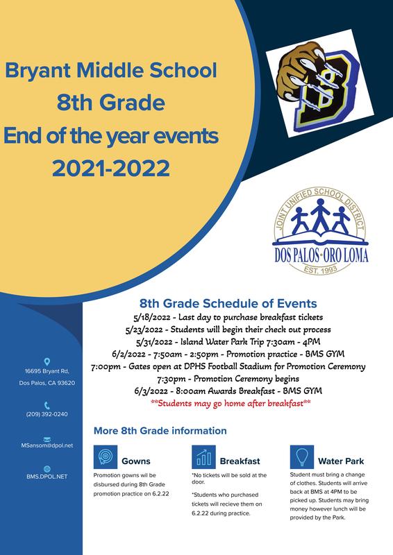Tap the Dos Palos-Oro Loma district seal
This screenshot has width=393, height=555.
coord(320,231)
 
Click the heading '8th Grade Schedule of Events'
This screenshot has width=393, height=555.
coord(228,303)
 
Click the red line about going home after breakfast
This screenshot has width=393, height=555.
coord(231,403)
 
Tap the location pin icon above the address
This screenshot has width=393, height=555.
coord(47,361)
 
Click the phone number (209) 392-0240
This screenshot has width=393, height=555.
coord(47,414)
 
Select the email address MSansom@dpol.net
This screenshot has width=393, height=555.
coord(47,445)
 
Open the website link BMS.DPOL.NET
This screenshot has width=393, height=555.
coord(47,477)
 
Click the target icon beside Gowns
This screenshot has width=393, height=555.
coord(106,457)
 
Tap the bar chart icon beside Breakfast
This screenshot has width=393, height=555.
coord(203,457)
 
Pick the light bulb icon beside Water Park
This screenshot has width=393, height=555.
coord(302,457)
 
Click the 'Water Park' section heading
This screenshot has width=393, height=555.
coord(341,461)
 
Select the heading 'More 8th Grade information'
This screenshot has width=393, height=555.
coord(160,431)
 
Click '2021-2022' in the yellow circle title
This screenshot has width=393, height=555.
coord(111,168)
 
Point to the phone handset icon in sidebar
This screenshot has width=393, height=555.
coord(47,405)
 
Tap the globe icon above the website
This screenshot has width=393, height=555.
coord(47,469)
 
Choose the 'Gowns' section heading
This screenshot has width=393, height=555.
coord(136,461)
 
